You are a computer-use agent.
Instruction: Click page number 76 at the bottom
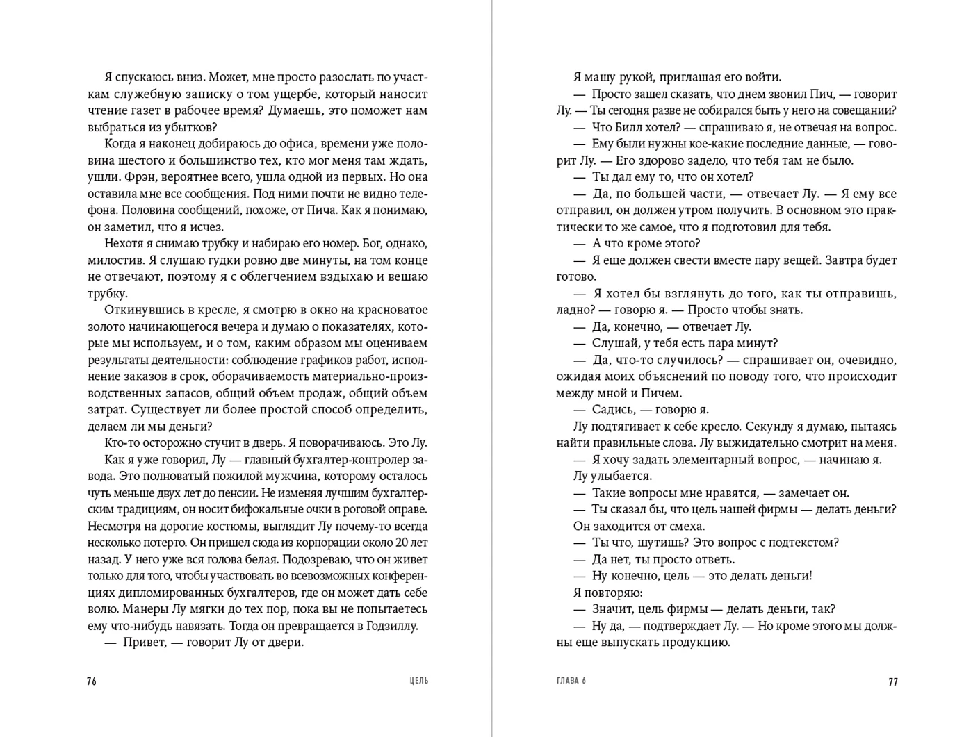pos(92,681)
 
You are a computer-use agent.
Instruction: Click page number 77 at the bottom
pos(893,681)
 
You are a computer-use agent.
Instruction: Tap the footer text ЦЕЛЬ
pos(419,681)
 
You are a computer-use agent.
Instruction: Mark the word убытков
pos(191,128)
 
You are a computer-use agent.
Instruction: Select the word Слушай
pos(615,343)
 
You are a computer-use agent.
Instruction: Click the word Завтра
pos(839,260)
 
